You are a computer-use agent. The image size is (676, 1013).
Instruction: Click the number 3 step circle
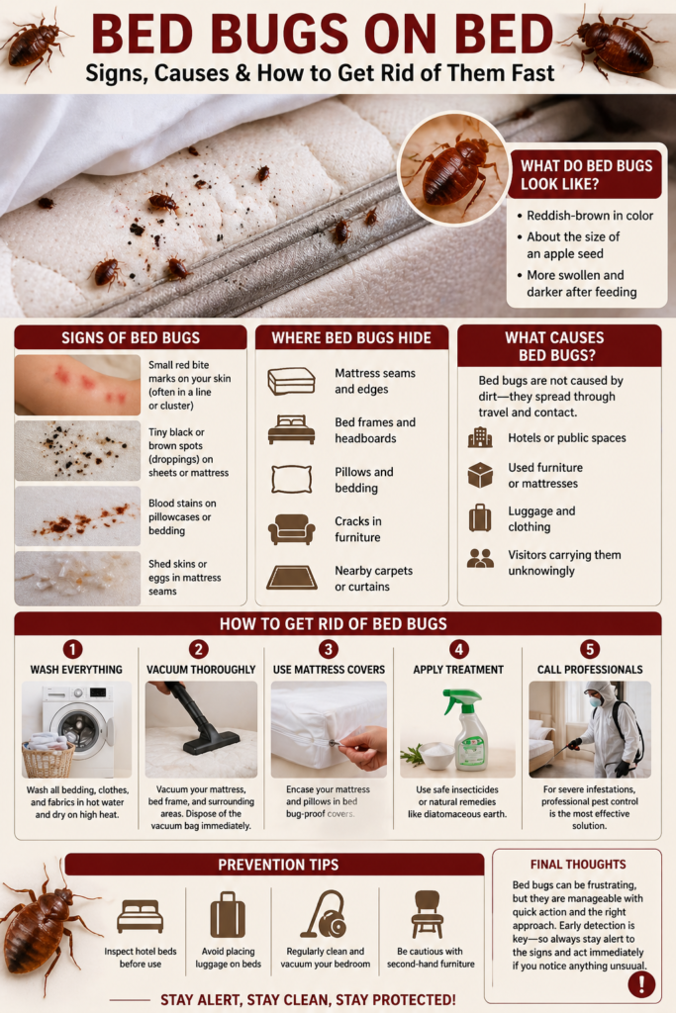pos(329,650)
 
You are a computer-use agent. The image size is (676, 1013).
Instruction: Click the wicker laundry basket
pos(48,758)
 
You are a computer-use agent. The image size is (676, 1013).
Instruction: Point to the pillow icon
pos(291,479)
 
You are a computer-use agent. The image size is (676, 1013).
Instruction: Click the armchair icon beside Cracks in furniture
pos(291,529)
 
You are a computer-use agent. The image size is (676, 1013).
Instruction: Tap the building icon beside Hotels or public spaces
pos(480,437)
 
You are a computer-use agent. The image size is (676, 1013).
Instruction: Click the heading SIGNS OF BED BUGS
pos(130,337)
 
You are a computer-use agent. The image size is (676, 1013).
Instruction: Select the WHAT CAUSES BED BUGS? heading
pos(559,346)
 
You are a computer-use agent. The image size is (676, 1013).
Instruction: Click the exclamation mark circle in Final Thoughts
pos(641,983)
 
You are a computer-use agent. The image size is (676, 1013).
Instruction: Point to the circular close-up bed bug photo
pos(452,168)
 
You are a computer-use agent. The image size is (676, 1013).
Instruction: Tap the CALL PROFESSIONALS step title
pos(591,670)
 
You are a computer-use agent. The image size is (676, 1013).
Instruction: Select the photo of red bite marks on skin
pos(77,384)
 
